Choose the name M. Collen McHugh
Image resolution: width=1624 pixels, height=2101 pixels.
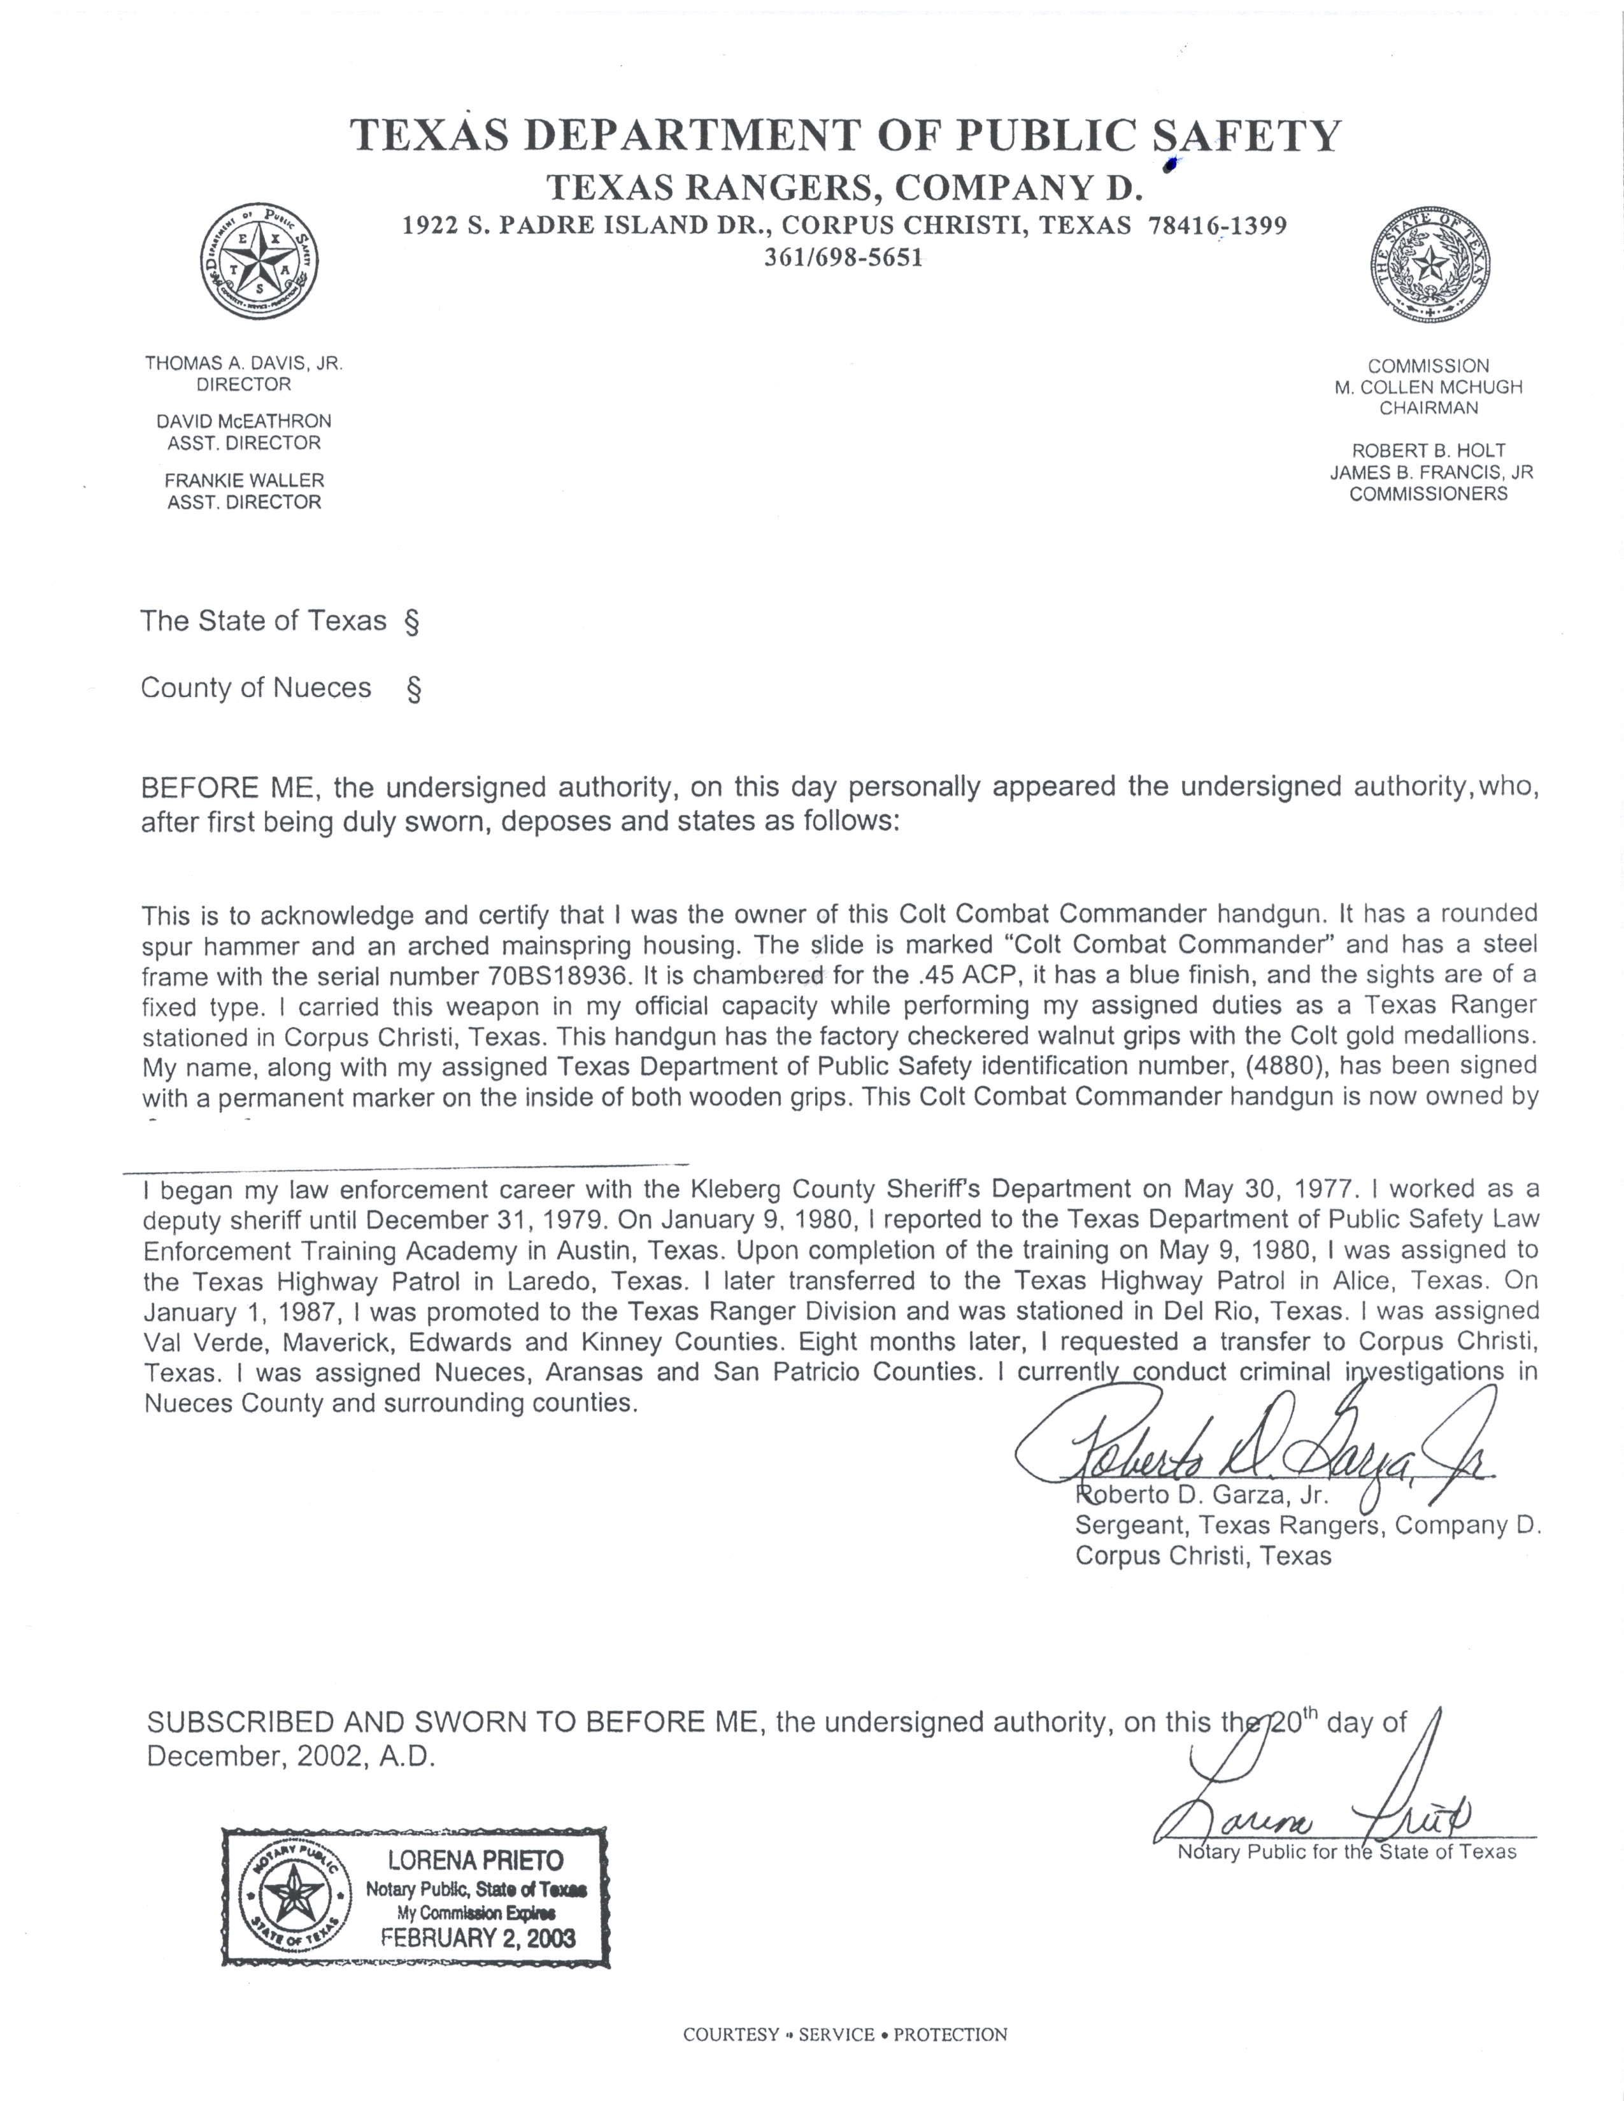[1428, 386]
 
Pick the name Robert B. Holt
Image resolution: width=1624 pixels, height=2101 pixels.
[1428, 450]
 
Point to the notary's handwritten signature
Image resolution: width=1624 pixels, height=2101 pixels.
[1318, 1809]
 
